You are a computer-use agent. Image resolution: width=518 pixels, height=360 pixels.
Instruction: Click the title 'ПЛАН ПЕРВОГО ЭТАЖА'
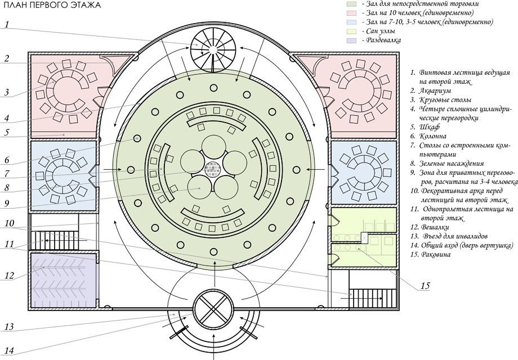51,6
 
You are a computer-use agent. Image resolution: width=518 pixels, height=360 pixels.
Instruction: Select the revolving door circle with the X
213,309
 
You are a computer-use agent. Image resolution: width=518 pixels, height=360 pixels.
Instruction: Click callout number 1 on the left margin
7,24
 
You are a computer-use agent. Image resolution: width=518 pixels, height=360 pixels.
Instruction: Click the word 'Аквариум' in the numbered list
439,91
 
